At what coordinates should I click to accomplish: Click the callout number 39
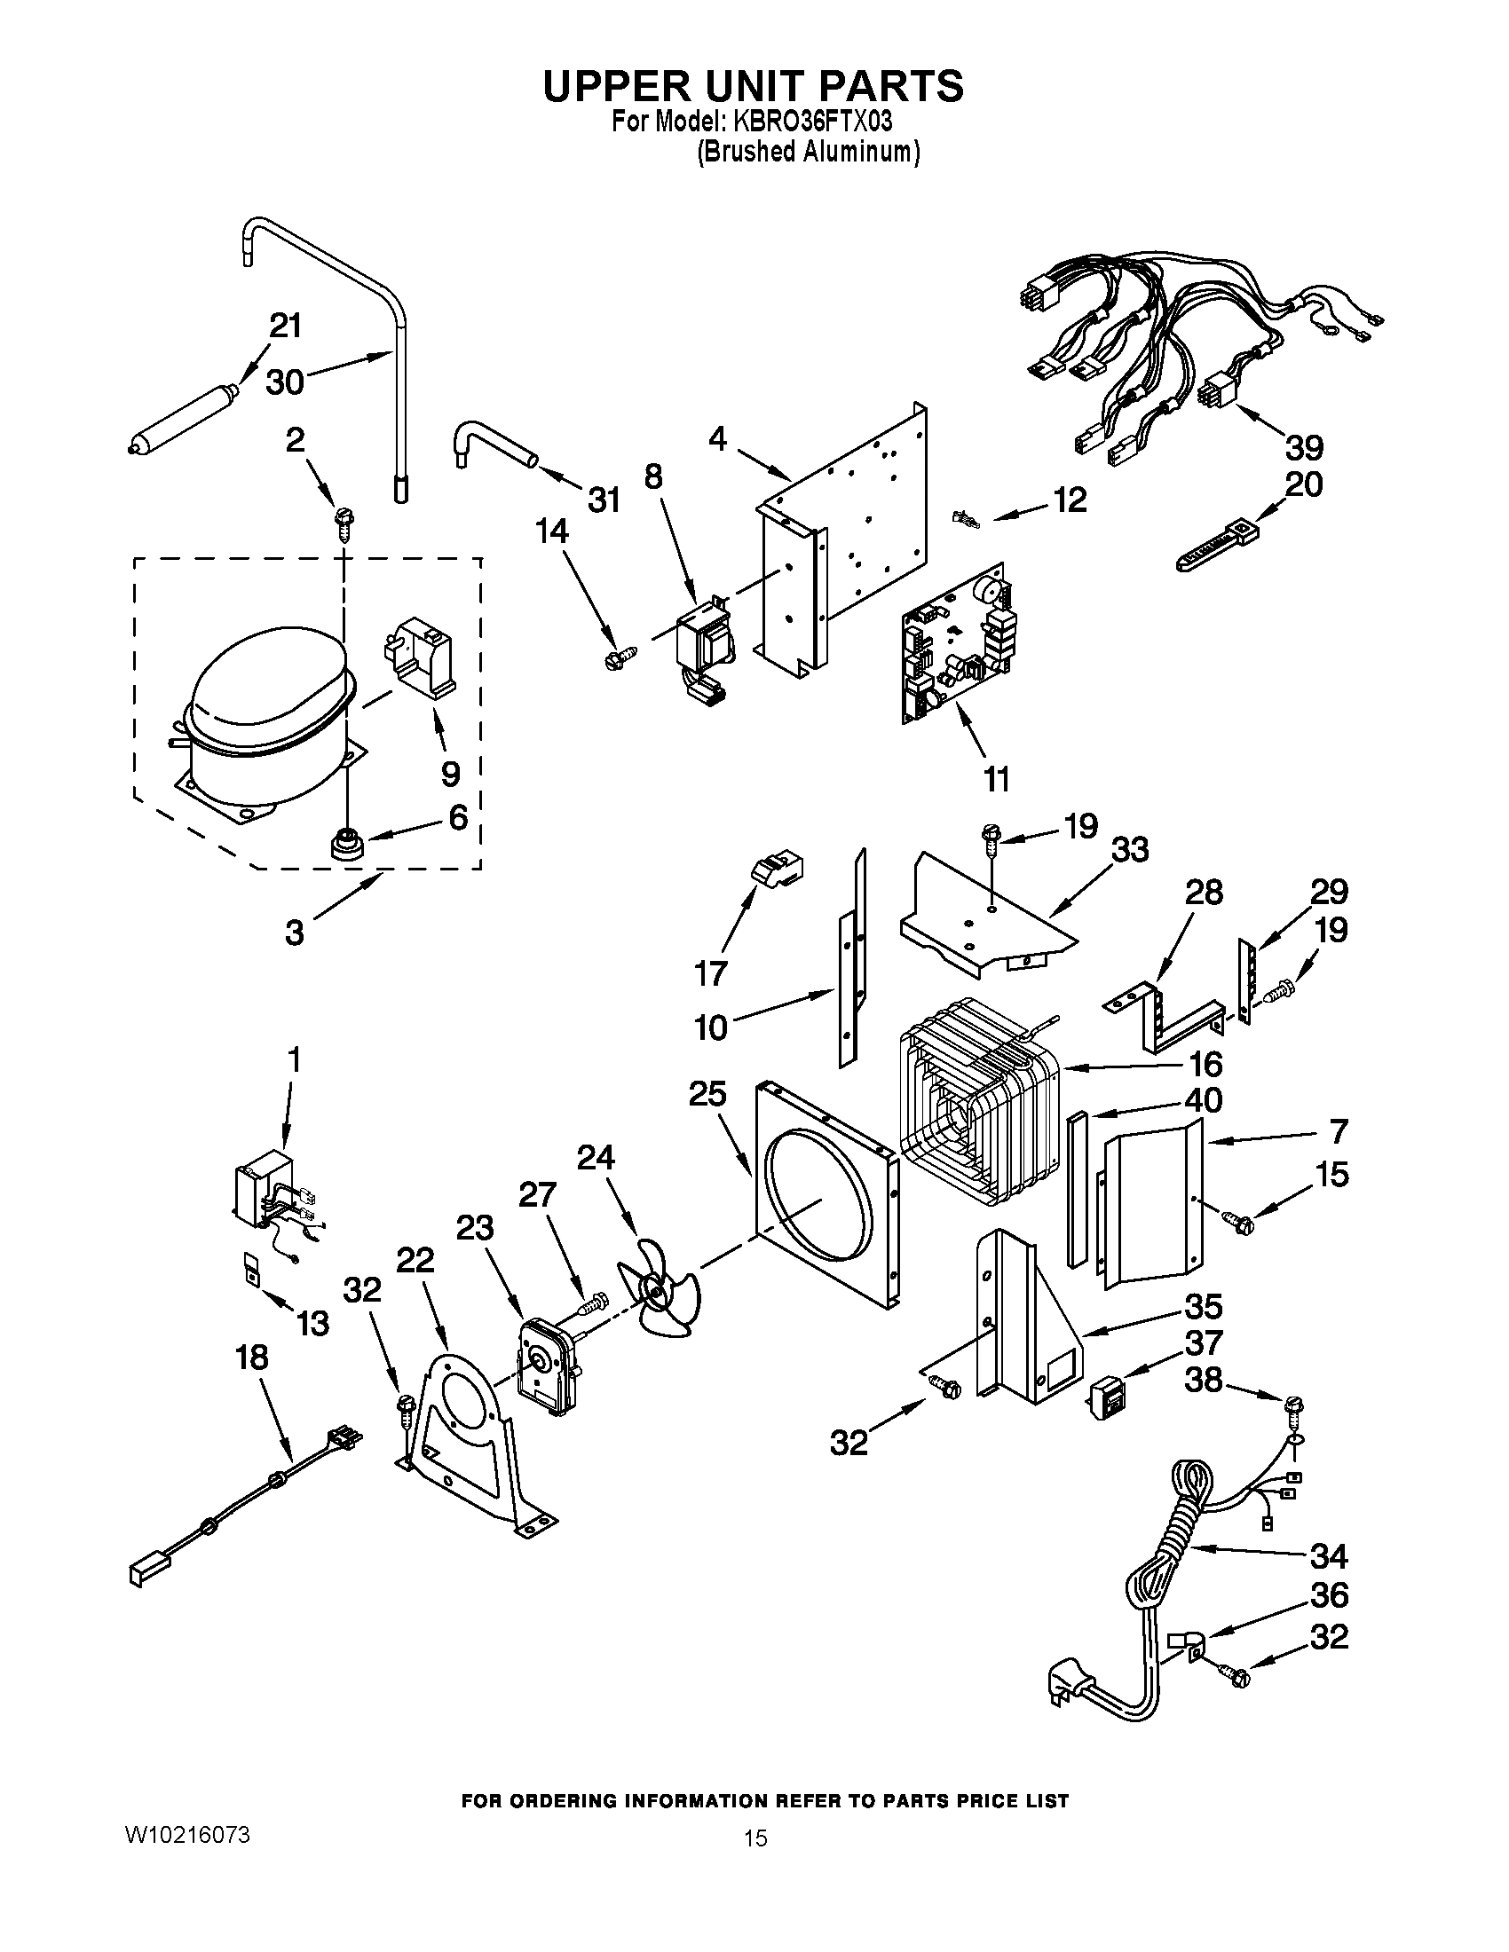coord(1304,447)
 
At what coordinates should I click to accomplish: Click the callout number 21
coord(286,327)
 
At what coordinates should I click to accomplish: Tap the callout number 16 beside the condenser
coord(1205,1064)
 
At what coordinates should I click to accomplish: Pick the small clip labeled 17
coord(775,866)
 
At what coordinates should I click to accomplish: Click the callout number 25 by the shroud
coord(707,1094)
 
